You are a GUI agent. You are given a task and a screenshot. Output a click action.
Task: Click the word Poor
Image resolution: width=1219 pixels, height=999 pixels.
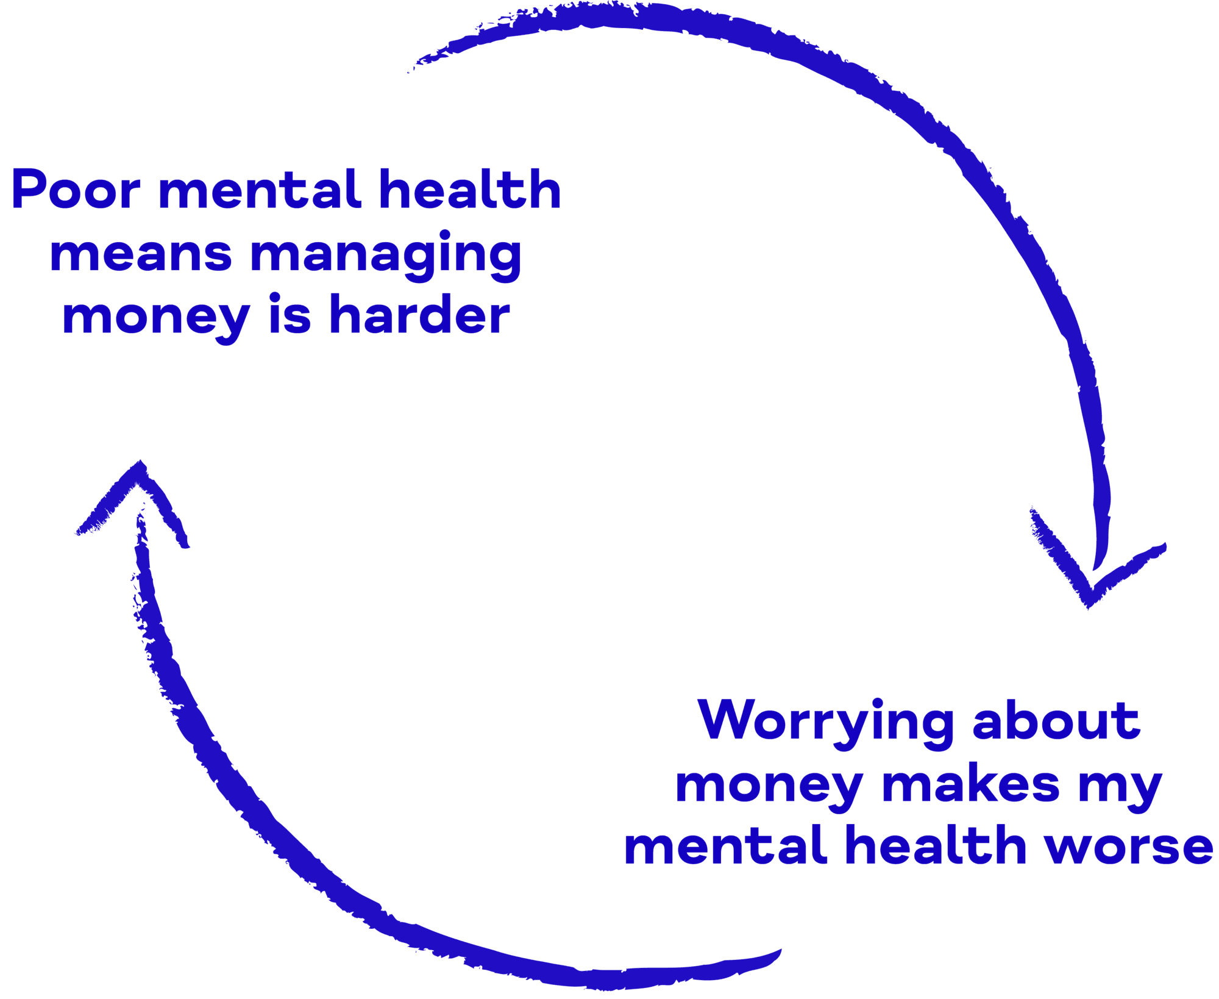[x=76, y=189]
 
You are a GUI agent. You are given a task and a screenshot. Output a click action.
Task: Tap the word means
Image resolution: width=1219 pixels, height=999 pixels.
[x=141, y=254]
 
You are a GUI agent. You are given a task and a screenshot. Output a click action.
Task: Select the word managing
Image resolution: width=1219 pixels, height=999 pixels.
[x=386, y=256]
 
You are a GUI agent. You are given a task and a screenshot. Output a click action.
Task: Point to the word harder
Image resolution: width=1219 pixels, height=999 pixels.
[x=419, y=314]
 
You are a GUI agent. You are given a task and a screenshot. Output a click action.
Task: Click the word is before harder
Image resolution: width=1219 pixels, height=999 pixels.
[x=290, y=314]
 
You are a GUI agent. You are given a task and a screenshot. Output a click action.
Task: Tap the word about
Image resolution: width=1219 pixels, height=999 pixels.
[x=1056, y=719]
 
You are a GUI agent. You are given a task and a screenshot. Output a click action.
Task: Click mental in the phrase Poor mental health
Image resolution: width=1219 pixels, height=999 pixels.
[x=260, y=189]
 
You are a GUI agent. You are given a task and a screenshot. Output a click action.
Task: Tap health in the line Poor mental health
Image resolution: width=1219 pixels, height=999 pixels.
[x=469, y=189]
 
